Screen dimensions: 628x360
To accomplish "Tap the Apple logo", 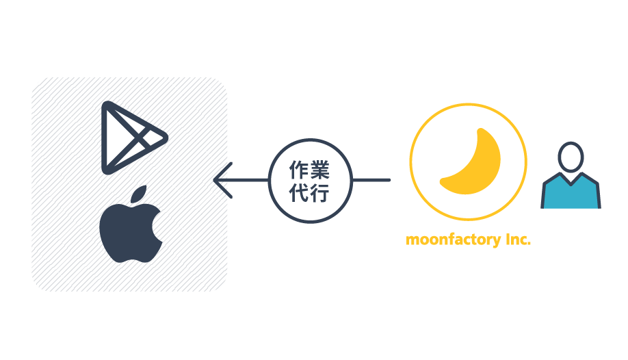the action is pos(130,224).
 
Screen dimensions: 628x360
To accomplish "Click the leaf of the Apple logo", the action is pos(139,193).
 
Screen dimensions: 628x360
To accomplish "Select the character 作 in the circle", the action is pos(299,170).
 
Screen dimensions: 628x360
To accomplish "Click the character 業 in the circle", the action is pos(320,170).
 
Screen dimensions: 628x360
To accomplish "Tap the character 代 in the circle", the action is pos(299,193).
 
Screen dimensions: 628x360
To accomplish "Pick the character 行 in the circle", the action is pos(320,193).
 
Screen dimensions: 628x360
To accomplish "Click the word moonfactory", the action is pos(454,240).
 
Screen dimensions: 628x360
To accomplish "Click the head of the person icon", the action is pos(571,157).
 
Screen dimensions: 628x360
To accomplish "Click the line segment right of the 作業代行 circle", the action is pos(371,180).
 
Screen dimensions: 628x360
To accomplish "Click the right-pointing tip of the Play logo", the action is pos(167,138).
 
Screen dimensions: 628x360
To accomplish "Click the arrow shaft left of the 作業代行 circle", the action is pos(241,180).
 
